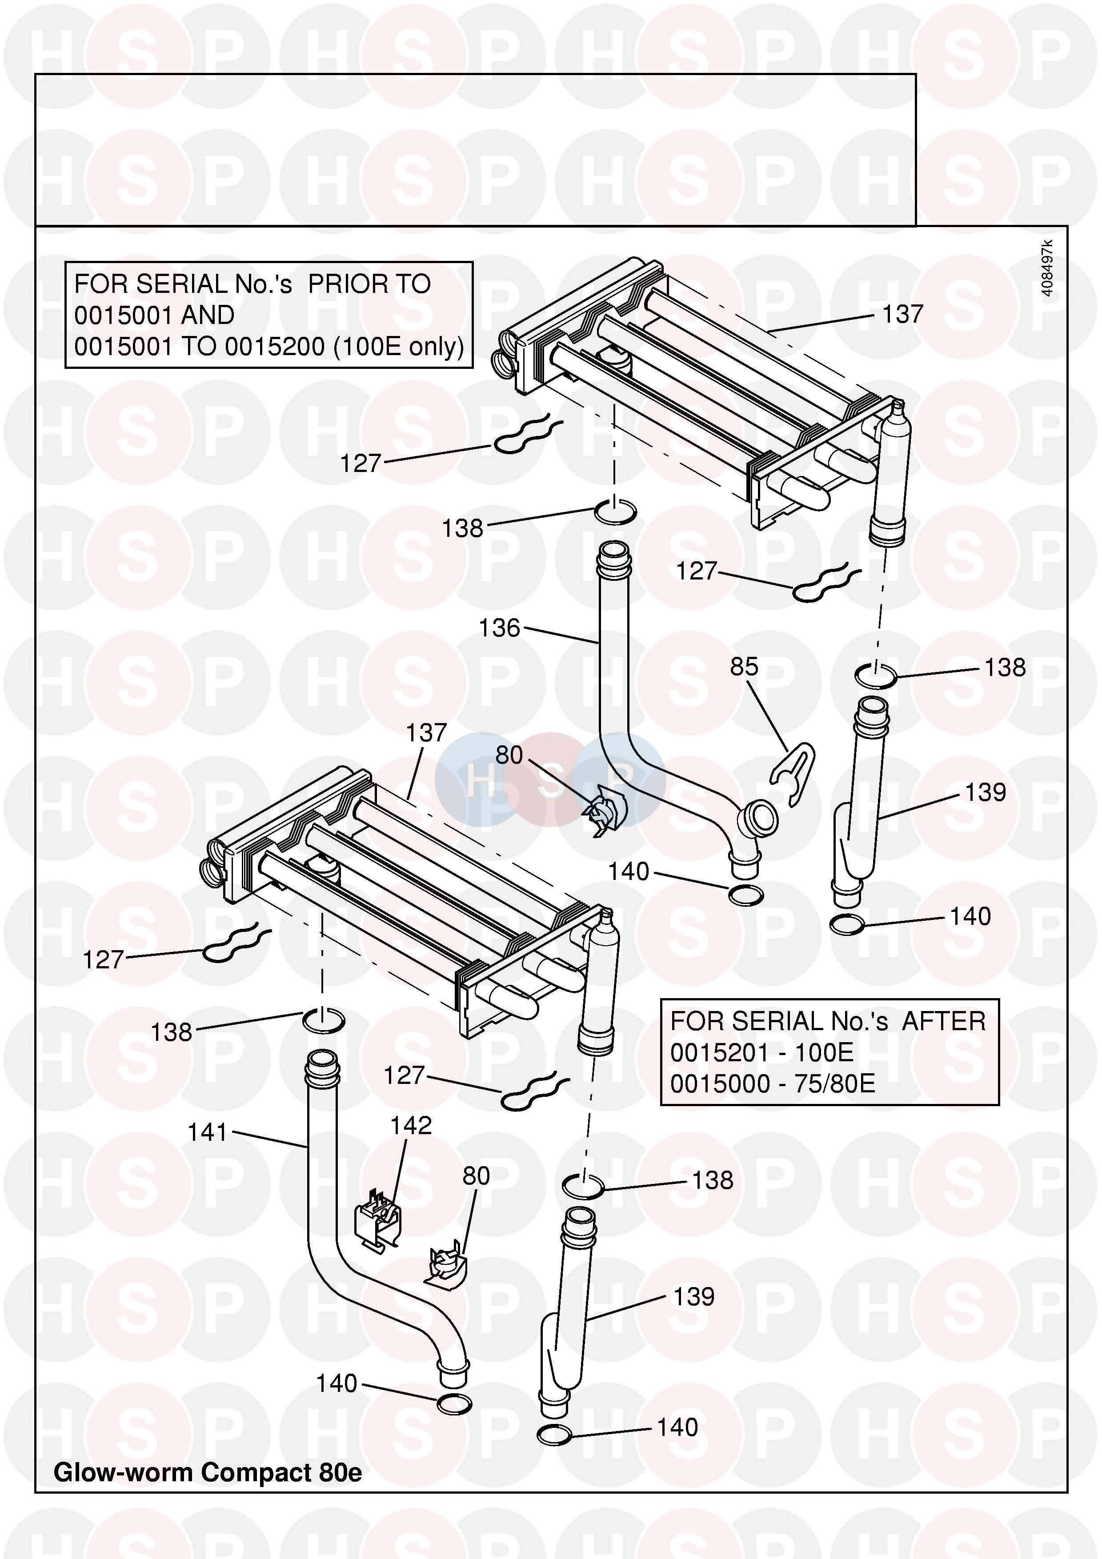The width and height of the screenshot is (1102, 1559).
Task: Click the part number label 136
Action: [x=499, y=628]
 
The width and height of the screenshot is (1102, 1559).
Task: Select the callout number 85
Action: [x=744, y=667]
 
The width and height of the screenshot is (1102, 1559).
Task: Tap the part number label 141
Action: [x=207, y=1132]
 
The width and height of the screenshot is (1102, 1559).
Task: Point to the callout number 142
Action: [x=411, y=1125]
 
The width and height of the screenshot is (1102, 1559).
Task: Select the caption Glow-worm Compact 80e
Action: [x=208, y=1472]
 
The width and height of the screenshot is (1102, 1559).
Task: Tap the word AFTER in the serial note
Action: [x=943, y=1021]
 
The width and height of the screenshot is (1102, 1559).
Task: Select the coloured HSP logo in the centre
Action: [x=550, y=779]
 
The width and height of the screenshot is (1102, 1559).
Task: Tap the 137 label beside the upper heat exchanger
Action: [x=902, y=314]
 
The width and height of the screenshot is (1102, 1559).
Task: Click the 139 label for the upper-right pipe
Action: [x=985, y=792]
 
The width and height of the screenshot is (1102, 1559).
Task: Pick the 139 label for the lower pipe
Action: [x=693, y=1296]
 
